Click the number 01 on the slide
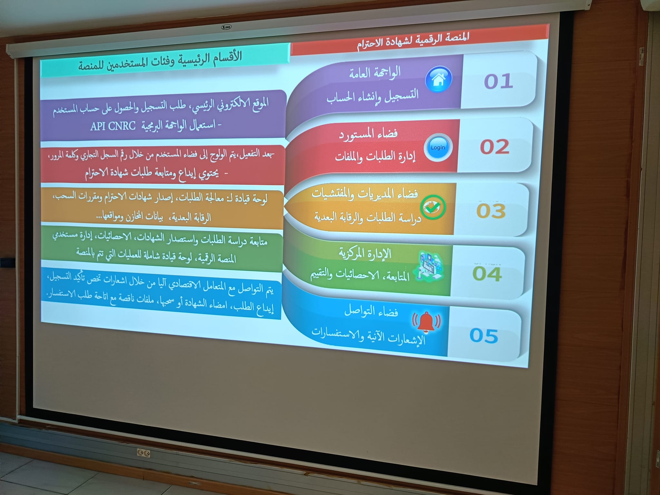[x=498, y=81]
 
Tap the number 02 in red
[x=495, y=147]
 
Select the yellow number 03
[x=491, y=211]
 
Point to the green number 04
[x=487, y=274]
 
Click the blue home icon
[x=439, y=79]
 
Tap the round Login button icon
[x=438, y=147]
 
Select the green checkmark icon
[x=433, y=207]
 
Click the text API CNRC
[x=113, y=126]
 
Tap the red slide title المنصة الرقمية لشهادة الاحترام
[x=413, y=41]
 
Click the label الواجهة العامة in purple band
[x=375, y=72]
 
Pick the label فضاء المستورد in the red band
[x=368, y=134]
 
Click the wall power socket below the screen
[x=144, y=453]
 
